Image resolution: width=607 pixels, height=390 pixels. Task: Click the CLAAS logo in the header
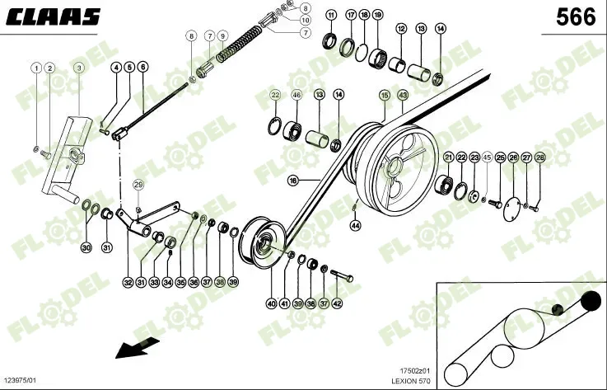56,16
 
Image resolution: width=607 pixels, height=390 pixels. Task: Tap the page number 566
575,17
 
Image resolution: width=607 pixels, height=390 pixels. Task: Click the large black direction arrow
137,345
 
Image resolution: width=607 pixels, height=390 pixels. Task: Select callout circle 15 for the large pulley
384,96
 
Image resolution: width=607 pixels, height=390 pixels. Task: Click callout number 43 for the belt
403,96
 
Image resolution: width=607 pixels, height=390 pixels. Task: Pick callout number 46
296,96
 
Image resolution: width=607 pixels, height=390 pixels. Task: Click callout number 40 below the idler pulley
272,303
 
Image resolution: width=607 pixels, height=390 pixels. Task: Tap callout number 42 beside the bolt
337,303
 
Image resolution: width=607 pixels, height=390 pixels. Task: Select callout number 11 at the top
331,16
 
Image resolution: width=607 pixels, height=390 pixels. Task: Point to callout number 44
355,224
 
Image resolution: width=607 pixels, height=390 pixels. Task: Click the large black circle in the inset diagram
591,302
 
